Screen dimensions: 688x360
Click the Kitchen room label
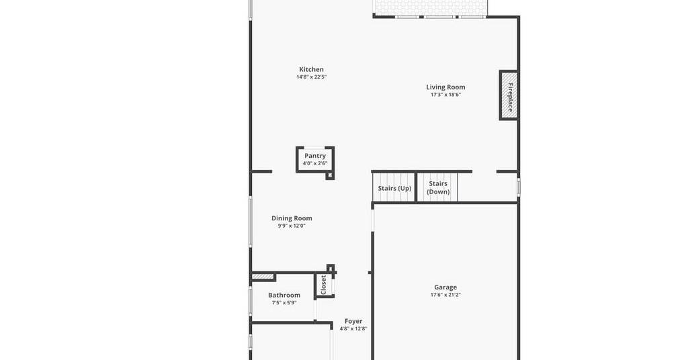tap(312, 69)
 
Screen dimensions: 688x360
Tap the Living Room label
tap(446, 87)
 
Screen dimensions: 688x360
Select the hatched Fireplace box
tap(509, 95)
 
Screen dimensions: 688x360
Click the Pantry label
tap(315, 156)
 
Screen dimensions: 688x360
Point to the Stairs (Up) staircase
tap(394, 187)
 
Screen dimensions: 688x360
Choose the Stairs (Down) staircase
tap(437, 187)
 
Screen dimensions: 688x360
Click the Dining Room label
tap(292, 218)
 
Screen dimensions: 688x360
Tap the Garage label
tap(445, 287)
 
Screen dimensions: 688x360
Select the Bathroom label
tap(284, 295)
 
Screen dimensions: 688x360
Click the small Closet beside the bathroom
tap(325, 285)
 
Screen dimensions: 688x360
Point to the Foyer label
tap(353, 321)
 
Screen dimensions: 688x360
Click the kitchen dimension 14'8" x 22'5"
tap(312, 77)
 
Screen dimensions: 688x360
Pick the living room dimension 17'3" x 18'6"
tap(446, 95)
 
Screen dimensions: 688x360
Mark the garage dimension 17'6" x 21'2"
tap(445, 295)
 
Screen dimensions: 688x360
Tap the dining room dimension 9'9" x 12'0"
tap(292, 226)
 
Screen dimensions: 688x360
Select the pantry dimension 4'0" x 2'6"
tap(315, 164)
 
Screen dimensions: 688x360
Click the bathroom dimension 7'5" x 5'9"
tap(284, 303)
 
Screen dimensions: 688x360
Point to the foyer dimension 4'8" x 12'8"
tap(353, 329)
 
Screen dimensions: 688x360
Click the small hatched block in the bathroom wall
tap(263, 277)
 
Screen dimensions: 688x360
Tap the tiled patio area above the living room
tap(430, 7)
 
